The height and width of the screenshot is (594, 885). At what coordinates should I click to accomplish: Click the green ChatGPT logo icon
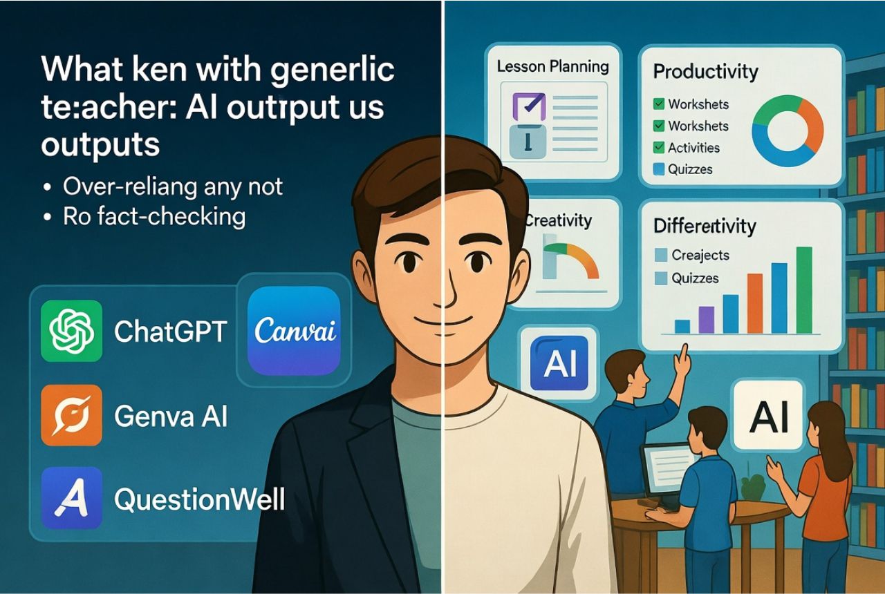(72, 331)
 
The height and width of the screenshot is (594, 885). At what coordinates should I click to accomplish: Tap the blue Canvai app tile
(294, 331)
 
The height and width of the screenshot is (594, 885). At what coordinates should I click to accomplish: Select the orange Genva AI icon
(72, 415)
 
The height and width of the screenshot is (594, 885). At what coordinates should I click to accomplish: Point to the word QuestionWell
(199, 499)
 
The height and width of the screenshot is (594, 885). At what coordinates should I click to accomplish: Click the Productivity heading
(705, 71)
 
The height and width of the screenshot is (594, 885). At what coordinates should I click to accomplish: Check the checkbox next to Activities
(659, 148)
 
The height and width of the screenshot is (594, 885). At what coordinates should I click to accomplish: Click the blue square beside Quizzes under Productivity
(659, 169)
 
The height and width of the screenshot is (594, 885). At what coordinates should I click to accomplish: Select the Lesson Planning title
(553, 67)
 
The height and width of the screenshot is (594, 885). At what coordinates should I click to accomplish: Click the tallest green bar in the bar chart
(804, 290)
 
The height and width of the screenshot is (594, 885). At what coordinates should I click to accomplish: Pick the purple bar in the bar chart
(706, 320)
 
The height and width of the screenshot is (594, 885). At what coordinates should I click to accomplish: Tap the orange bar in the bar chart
(755, 303)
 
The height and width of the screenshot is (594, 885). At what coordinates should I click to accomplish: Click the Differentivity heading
(705, 226)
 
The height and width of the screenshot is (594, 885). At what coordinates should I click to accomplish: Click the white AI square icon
(767, 414)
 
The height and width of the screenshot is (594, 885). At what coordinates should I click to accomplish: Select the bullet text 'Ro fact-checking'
(153, 217)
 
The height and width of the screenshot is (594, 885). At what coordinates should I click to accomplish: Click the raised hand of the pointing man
(683, 359)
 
